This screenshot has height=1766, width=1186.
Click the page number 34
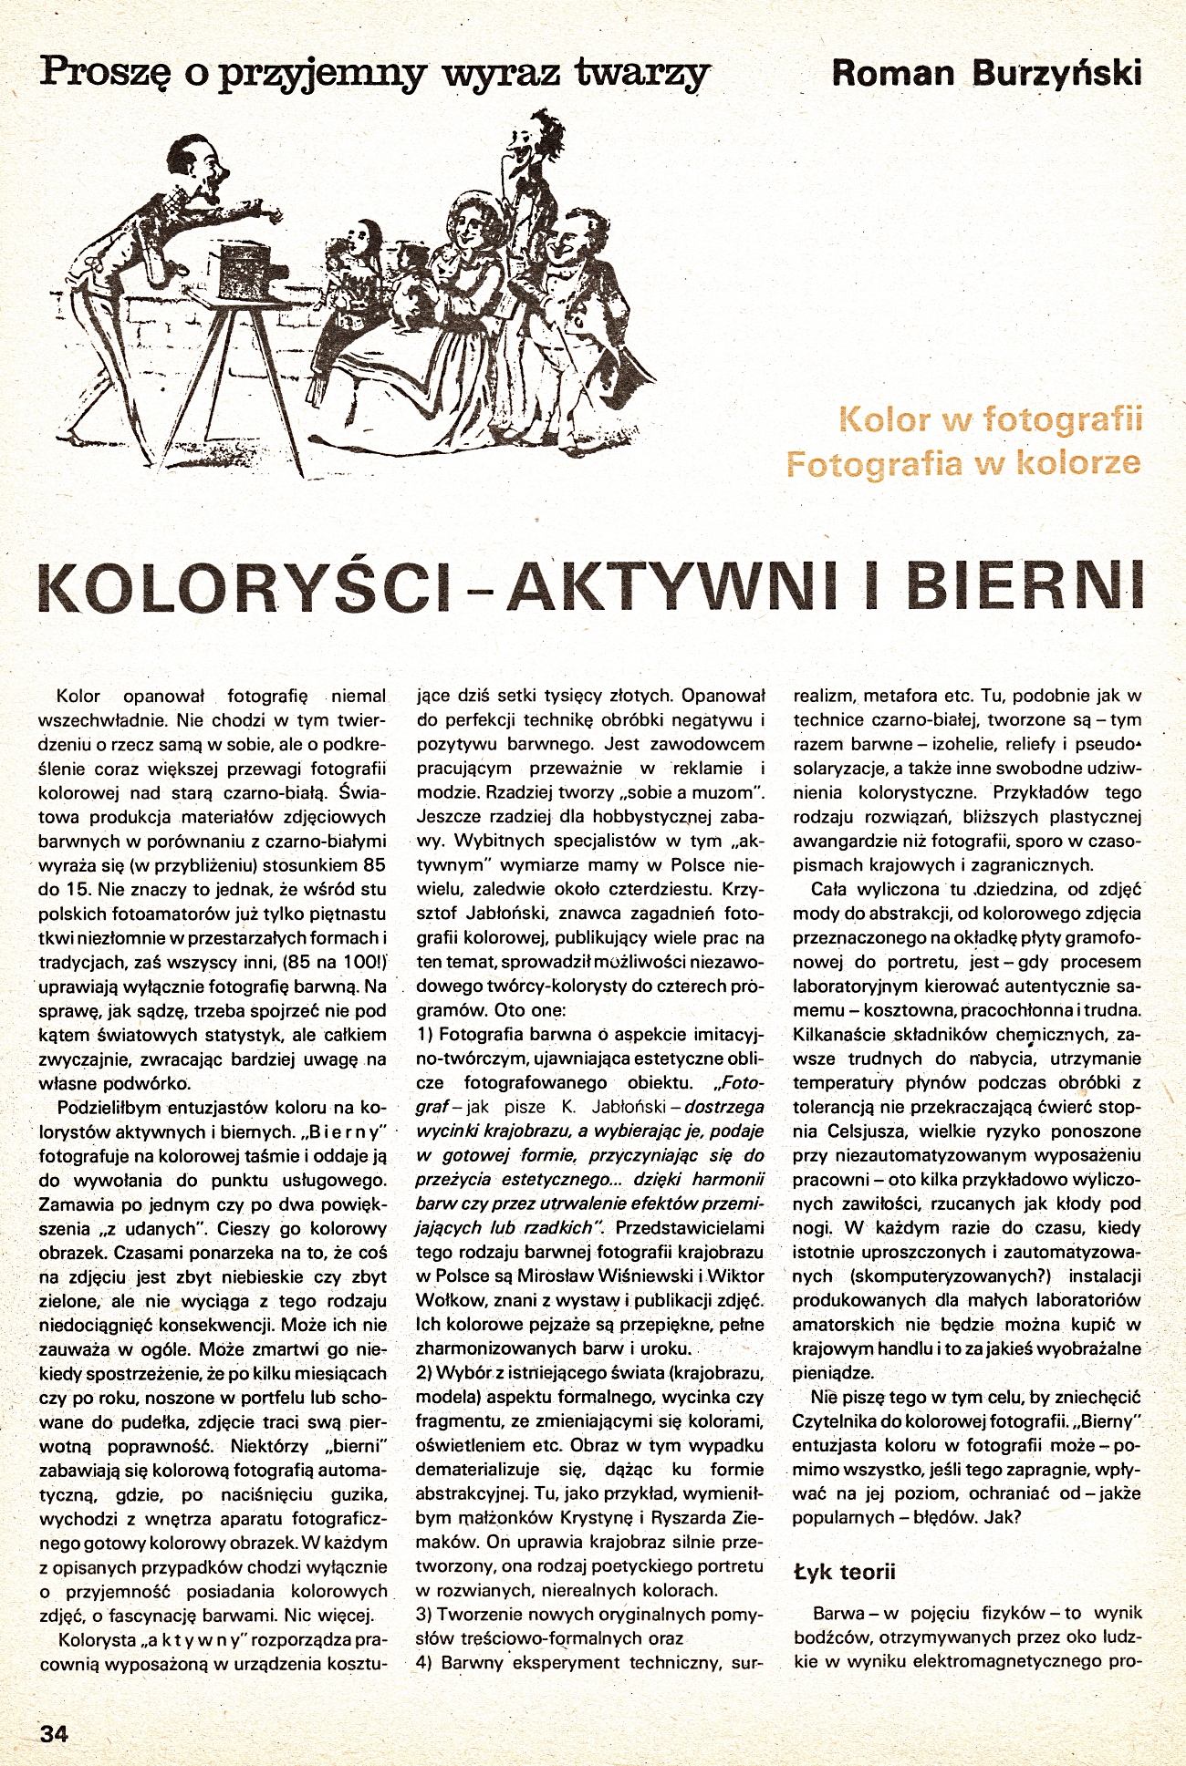tap(55, 1733)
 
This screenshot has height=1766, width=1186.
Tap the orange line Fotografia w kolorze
tap(962, 463)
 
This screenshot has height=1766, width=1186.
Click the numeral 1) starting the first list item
tap(424, 1035)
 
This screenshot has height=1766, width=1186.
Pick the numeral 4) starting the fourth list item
tap(424, 1662)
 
